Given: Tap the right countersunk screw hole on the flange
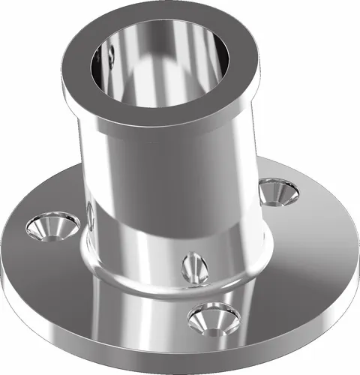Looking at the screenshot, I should (278, 191).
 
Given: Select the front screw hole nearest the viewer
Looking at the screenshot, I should (214, 318).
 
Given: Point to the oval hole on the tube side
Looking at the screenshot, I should (193, 266).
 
